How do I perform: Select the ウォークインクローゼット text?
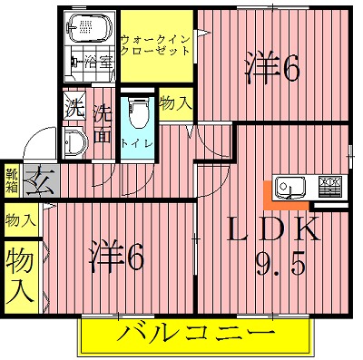click(x=155, y=44)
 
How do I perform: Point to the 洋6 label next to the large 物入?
click(x=117, y=258)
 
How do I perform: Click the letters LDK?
click(x=271, y=228)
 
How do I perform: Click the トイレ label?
click(x=137, y=143)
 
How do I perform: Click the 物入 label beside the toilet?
click(x=174, y=103)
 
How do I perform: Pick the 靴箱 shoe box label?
click(x=12, y=180)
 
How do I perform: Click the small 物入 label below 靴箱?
click(x=20, y=219)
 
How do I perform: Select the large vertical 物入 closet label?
click(x=20, y=277)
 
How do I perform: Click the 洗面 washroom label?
click(x=102, y=126)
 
